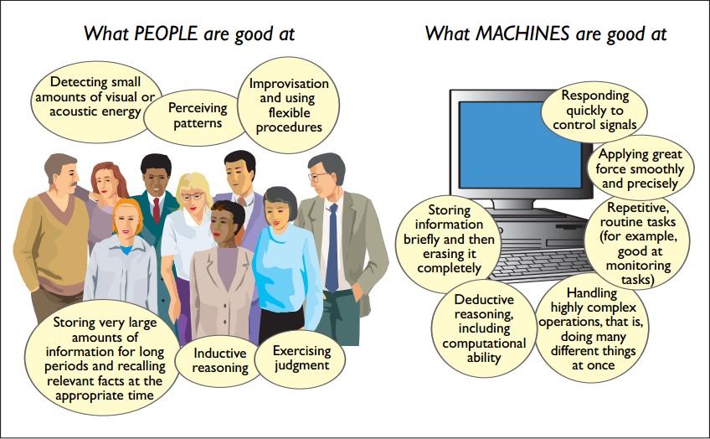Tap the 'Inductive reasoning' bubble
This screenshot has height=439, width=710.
tap(220, 360)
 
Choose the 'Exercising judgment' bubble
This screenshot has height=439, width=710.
tap(301, 358)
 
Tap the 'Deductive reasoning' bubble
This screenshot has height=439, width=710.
tap(484, 328)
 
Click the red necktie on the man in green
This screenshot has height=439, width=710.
tap(156, 209)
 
